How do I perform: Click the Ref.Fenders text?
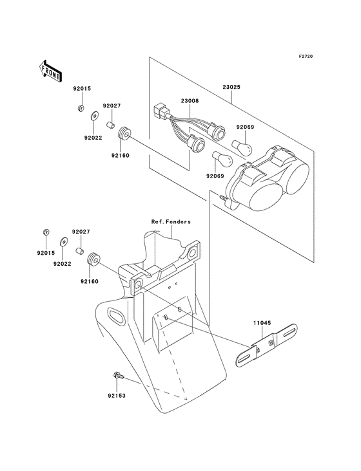(171, 222)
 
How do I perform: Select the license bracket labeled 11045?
(269, 345)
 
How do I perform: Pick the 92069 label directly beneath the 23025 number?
(246, 127)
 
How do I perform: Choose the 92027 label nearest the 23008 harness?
(113, 106)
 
